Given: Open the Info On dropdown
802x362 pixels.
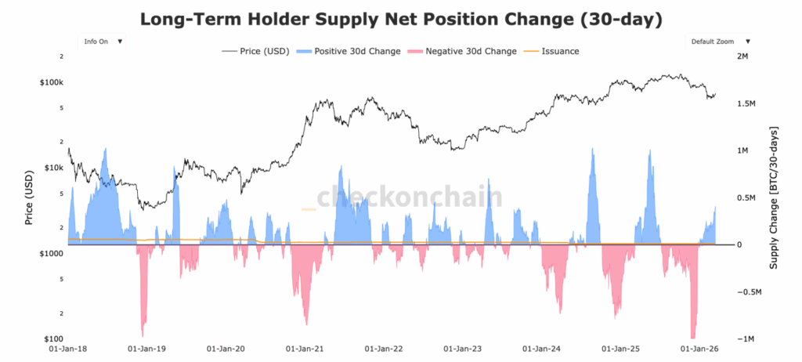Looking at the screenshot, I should point(103,42).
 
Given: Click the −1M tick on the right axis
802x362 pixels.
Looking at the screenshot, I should point(746,339).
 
